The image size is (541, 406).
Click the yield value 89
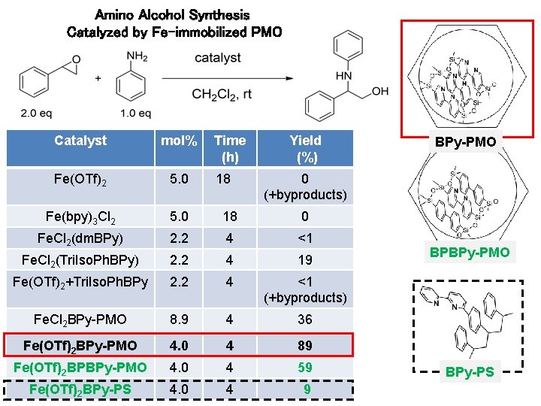point(304,346)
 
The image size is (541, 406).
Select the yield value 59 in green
point(304,368)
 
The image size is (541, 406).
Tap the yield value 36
point(304,320)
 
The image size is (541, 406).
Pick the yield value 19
point(304,260)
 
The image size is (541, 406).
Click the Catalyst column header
point(80,141)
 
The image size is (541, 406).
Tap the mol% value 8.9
point(179,320)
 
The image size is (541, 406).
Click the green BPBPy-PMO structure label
point(469,253)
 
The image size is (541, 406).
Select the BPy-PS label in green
point(469,371)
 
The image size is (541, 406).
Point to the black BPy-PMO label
point(469,141)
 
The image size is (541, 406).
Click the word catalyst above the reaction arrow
point(218,57)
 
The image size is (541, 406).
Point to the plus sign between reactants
point(98,77)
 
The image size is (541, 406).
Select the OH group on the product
point(380,91)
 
